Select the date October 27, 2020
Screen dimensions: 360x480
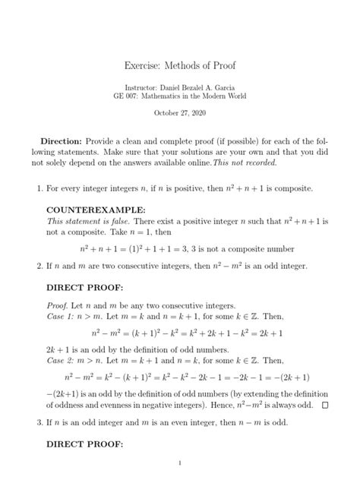point(180,112)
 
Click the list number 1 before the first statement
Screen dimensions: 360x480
point(31,187)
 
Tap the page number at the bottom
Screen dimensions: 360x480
point(180,463)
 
